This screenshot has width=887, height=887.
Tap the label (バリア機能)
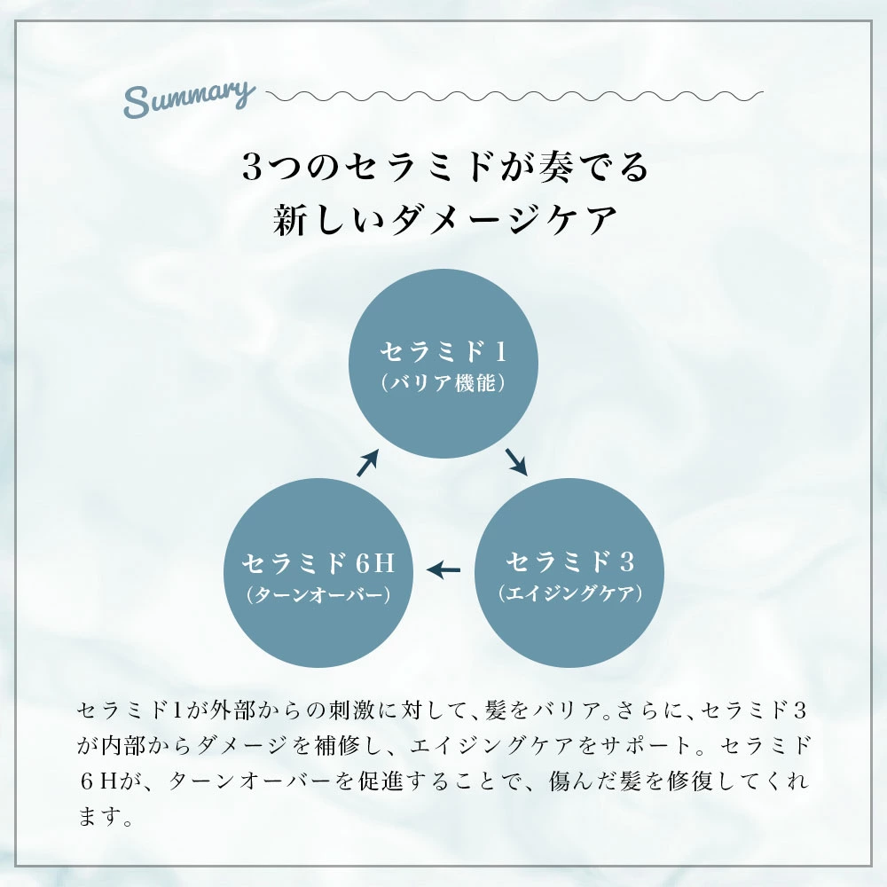point(443,383)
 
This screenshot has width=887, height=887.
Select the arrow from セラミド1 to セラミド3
point(517,461)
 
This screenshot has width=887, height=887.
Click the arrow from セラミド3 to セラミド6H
point(444,567)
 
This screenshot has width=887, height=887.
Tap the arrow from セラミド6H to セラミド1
point(368,462)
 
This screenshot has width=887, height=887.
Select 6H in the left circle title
point(373,562)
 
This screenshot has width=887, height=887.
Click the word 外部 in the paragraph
point(232,710)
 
